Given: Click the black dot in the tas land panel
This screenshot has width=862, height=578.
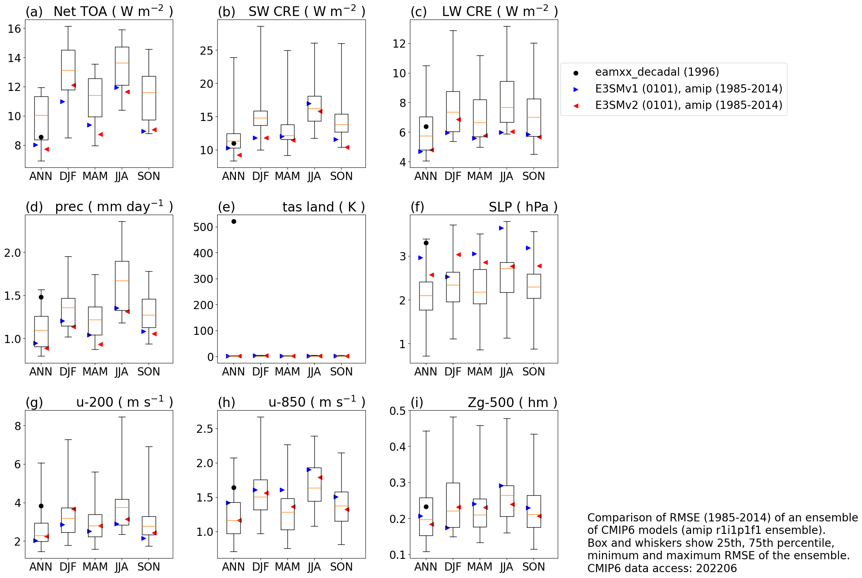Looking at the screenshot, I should (x=234, y=221).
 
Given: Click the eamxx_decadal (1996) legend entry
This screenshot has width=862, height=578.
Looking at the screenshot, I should (x=657, y=72).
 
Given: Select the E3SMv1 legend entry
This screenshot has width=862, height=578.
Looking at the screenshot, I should (x=688, y=89).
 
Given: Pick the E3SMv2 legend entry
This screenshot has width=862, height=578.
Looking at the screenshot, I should (x=688, y=105).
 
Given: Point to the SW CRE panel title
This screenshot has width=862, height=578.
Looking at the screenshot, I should (x=307, y=12).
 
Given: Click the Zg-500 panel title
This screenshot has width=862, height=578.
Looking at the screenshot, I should (x=512, y=402).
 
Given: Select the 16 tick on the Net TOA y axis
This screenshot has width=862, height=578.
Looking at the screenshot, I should (x=14, y=28).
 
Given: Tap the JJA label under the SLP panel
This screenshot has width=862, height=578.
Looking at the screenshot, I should (x=507, y=372).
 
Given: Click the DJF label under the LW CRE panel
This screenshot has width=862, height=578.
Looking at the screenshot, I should (x=452, y=176).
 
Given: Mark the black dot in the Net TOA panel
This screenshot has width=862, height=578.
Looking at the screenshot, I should (x=41, y=137).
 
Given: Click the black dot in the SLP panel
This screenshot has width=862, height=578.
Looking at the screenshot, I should (x=426, y=243).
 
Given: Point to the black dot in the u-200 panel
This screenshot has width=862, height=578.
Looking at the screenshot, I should (x=41, y=506).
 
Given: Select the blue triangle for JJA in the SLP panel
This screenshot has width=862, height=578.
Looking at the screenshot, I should (x=501, y=228).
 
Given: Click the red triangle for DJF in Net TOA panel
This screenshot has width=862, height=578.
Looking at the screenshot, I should (x=73, y=85).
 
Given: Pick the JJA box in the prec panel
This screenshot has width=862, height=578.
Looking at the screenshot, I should (x=122, y=286).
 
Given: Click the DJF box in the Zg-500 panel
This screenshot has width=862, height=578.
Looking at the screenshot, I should (x=453, y=505).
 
